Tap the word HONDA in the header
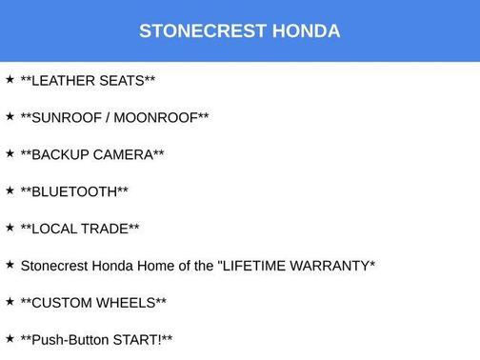coord(306,30)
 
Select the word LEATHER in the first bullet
coord(66,80)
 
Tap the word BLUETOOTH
coord(74,191)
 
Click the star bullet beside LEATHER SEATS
coord(10,79)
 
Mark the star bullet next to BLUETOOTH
coord(10,190)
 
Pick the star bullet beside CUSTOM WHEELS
coord(10,302)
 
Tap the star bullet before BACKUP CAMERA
coord(10,153)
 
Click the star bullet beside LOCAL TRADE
coord(10,228)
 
